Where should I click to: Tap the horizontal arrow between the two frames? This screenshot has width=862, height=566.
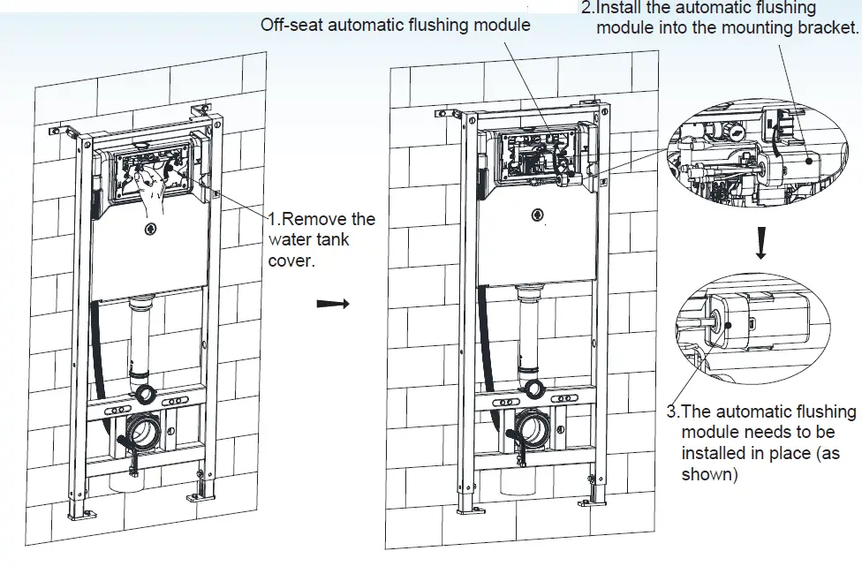tap(333, 303)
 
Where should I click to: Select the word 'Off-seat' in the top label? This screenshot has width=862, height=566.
tap(291, 25)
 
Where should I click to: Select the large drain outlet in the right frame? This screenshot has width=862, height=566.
tap(533, 427)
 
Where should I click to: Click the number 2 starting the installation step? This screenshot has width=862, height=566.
tap(586, 8)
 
